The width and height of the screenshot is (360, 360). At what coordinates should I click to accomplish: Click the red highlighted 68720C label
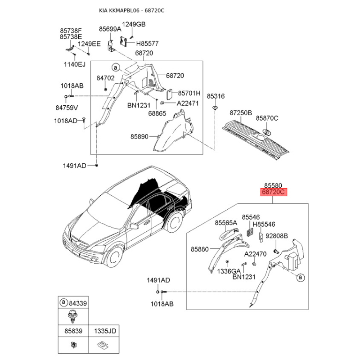[x=274, y=192]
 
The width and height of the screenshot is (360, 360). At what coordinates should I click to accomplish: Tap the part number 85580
[x=273, y=185]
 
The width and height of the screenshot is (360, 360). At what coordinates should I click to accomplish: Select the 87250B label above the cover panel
[x=241, y=113]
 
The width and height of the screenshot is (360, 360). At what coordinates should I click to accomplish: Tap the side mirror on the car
[x=134, y=226]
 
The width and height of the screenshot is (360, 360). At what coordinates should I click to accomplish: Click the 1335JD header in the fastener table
[x=105, y=331]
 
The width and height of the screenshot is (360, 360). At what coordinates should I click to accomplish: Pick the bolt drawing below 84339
[x=72, y=316]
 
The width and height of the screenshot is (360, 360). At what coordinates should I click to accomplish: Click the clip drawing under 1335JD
[x=103, y=344]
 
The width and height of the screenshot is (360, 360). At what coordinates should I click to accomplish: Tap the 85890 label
[x=139, y=137]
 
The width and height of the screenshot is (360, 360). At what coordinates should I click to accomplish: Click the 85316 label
[x=216, y=96]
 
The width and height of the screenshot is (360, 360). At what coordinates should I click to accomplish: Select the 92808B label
[x=277, y=236]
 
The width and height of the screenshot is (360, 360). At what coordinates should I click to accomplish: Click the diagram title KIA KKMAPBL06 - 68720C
[x=131, y=10]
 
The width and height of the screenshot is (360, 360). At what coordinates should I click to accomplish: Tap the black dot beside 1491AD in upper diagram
[x=97, y=165]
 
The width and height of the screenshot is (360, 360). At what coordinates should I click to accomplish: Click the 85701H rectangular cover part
[x=170, y=94]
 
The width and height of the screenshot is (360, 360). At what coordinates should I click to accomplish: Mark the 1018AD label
[x=65, y=121]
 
